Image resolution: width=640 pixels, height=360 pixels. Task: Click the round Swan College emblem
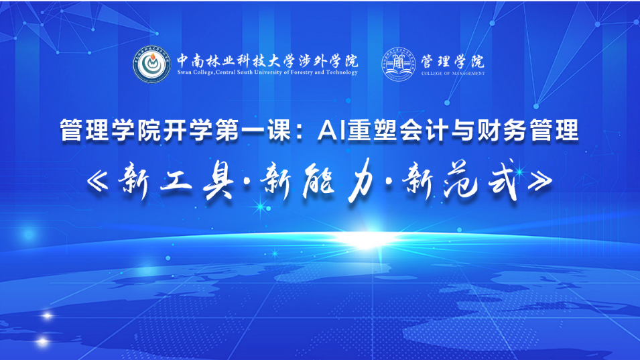[152, 64]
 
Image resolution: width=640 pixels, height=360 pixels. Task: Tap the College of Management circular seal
[399, 64]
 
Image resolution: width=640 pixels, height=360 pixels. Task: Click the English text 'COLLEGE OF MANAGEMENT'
[453, 74]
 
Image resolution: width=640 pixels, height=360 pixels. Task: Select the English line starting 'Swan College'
[267, 72]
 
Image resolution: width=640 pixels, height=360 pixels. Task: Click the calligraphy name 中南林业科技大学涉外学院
[267, 61]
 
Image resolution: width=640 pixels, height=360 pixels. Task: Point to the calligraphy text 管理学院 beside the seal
[452, 62]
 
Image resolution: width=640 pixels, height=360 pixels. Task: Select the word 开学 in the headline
[188, 131]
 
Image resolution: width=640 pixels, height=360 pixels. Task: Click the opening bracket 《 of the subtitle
[98, 181]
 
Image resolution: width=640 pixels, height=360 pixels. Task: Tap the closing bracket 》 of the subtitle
[540, 181]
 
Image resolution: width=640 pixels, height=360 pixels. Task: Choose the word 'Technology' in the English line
[342, 72]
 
